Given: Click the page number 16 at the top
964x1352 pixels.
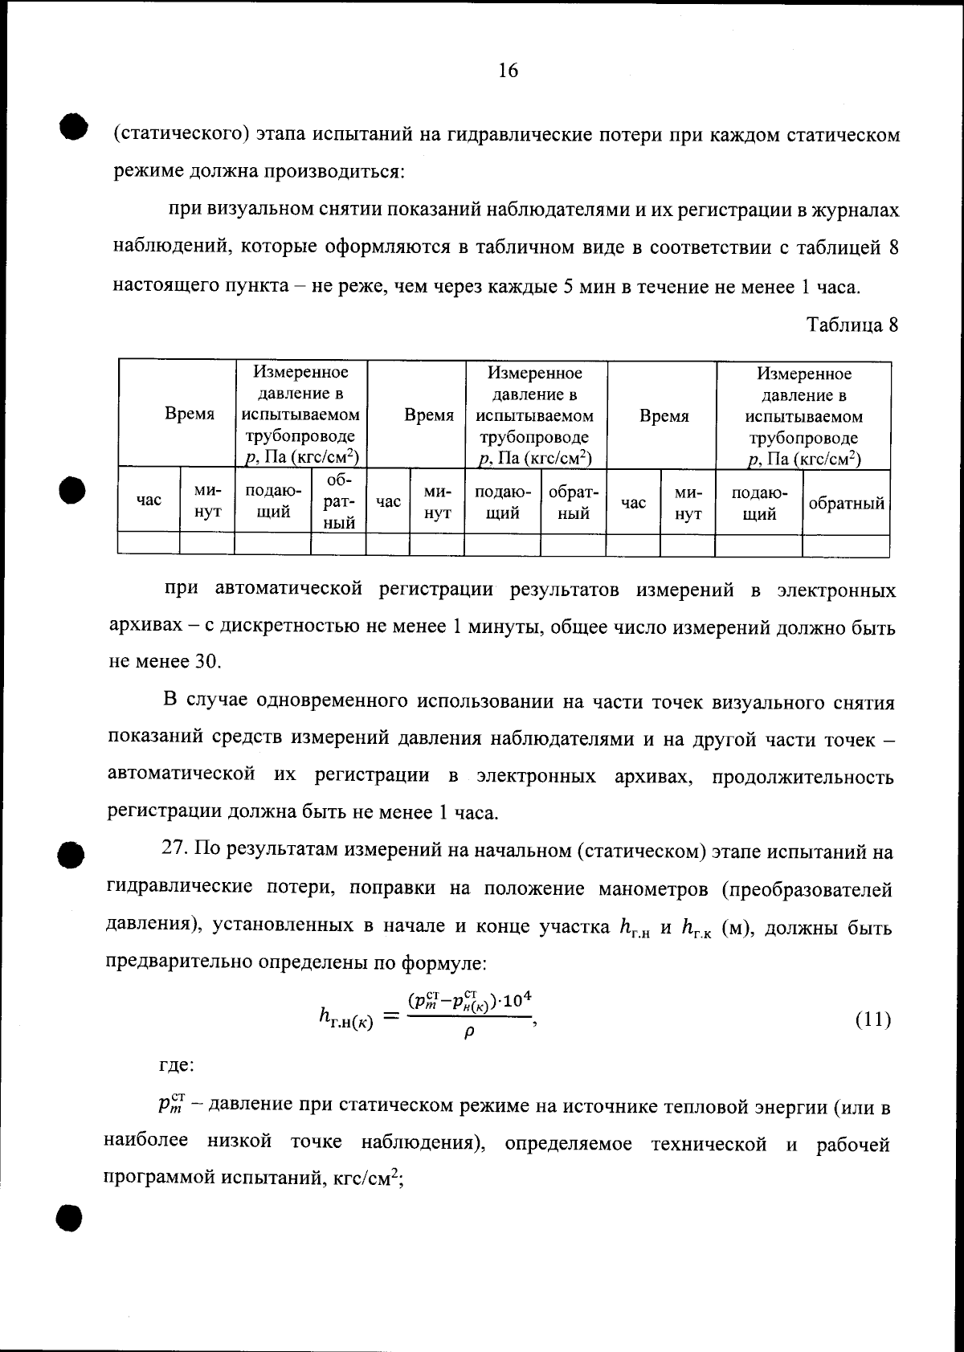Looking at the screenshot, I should click(508, 71).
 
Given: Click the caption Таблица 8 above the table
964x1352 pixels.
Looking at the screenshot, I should click(852, 325).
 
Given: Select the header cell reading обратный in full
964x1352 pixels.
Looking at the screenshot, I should click(846, 504).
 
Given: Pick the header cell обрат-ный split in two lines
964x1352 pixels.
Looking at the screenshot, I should click(573, 503).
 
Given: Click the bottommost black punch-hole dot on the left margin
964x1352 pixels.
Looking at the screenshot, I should click(70, 1218).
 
